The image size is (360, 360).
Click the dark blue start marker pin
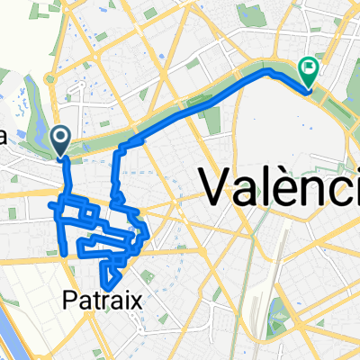pos(61,138)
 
